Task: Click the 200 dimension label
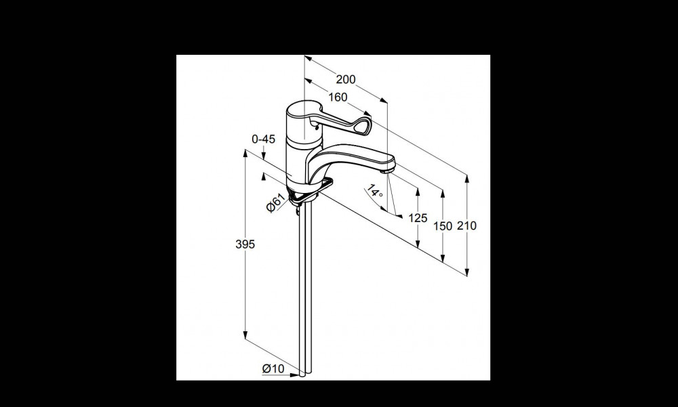(x=346, y=79)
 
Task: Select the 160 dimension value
(x=338, y=98)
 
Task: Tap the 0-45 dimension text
(x=263, y=139)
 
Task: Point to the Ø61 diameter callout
(x=275, y=203)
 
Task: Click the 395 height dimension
(x=245, y=244)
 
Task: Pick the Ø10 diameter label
(x=273, y=368)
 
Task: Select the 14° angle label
(x=375, y=192)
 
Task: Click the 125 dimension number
(x=418, y=218)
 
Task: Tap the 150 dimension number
(x=443, y=226)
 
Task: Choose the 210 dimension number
(x=467, y=226)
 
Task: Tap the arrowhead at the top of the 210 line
(x=467, y=177)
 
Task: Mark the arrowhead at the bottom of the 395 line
(x=245, y=335)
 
